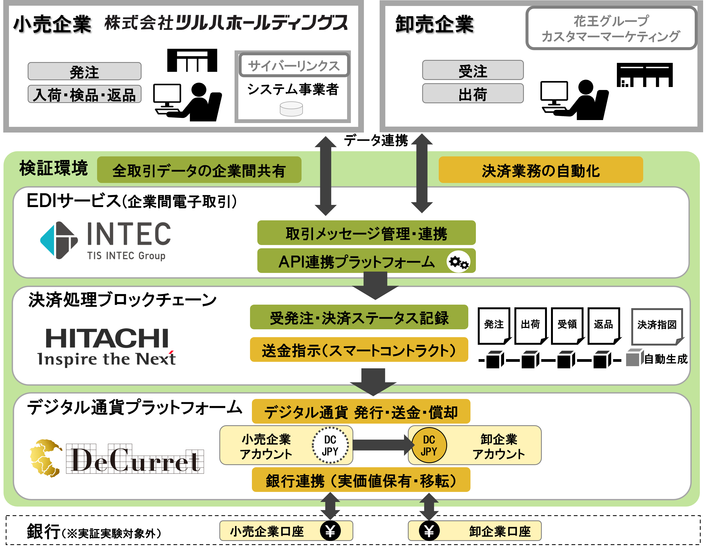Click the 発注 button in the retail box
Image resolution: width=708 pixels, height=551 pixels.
tap(84, 71)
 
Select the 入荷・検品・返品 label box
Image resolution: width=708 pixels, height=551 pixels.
tap(84, 94)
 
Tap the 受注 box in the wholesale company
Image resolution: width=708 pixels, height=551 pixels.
tap(473, 70)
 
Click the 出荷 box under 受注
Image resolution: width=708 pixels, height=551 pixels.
tap(473, 94)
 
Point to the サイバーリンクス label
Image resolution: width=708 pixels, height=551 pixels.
tap(294, 65)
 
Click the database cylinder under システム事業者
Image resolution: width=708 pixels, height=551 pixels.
tap(291, 109)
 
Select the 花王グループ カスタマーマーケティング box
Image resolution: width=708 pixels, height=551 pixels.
tap(611, 28)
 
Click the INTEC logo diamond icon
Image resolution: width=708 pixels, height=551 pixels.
tap(59, 240)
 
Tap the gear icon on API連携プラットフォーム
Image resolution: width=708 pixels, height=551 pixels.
tap(458, 262)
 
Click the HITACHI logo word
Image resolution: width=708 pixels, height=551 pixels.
tap(107, 338)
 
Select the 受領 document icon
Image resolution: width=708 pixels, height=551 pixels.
tap(567, 325)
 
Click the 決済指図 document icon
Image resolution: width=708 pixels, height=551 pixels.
tap(657, 326)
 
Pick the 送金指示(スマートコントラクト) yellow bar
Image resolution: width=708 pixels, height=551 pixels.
tap(359, 350)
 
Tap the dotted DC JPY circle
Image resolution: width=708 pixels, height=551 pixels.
tap(330, 445)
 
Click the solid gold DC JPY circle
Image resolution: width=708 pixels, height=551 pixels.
tap(429, 445)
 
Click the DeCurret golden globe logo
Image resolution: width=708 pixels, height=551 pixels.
tap(45, 458)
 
